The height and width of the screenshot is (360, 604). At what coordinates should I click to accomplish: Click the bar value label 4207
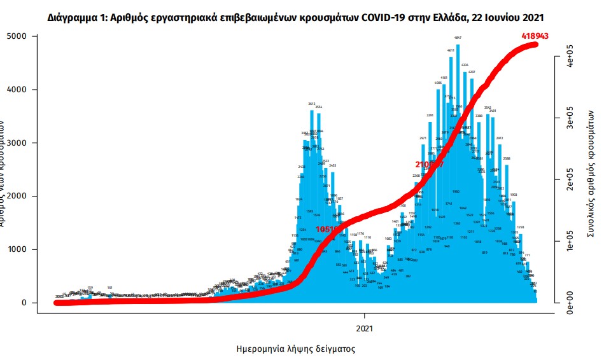[472, 73]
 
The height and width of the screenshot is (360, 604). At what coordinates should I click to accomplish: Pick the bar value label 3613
[312, 104]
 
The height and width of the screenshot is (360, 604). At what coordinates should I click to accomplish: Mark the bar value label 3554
[319, 107]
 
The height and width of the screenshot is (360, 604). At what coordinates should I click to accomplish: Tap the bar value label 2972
[500, 138]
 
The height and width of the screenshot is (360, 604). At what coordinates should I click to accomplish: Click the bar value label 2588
[507, 158]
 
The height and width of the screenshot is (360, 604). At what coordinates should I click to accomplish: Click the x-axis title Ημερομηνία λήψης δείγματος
[295, 349]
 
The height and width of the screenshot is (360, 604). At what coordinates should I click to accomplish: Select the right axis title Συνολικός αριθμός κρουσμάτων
[591, 184]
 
